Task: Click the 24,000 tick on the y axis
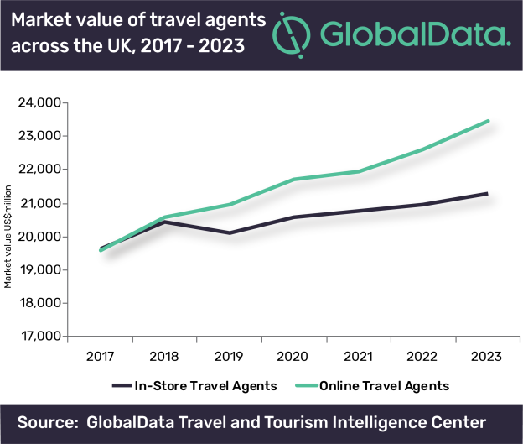point(36,103)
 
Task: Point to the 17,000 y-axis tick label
point(36,337)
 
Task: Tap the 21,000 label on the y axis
point(36,203)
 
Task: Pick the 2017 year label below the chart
point(100,356)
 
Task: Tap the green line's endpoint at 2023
point(488,121)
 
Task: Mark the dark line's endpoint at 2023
point(487,194)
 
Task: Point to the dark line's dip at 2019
point(230,232)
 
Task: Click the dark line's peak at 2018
point(165,222)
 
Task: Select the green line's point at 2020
point(294,179)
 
